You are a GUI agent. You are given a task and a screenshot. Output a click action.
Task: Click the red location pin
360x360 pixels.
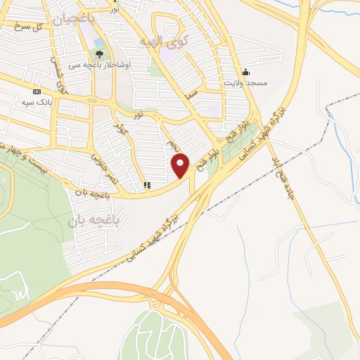point(181,165)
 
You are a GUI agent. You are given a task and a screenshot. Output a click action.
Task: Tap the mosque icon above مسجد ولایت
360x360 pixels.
point(245,72)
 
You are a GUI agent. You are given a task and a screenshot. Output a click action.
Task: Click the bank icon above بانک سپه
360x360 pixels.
point(37,92)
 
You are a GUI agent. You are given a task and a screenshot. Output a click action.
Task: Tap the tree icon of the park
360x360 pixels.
point(98,53)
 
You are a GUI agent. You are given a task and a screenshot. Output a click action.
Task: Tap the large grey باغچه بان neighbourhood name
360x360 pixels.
point(95,221)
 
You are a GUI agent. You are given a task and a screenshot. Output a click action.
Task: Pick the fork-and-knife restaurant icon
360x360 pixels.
point(146,186)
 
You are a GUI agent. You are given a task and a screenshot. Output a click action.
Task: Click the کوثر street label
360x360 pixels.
point(120,129)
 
